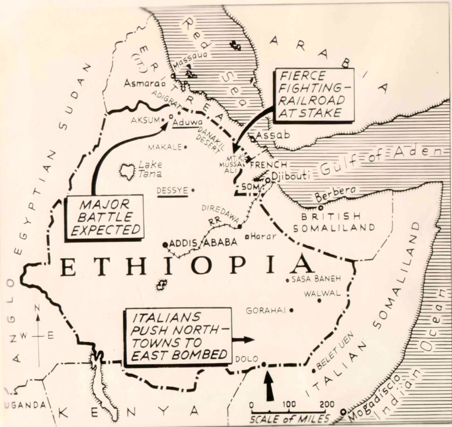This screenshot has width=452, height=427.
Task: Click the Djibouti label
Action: [290, 176]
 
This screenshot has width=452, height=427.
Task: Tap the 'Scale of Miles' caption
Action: [290, 419]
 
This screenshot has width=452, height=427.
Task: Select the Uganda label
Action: [25, 405]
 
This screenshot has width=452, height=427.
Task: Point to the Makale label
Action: [165, 147]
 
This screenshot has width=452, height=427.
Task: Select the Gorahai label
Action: [266, 311]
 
